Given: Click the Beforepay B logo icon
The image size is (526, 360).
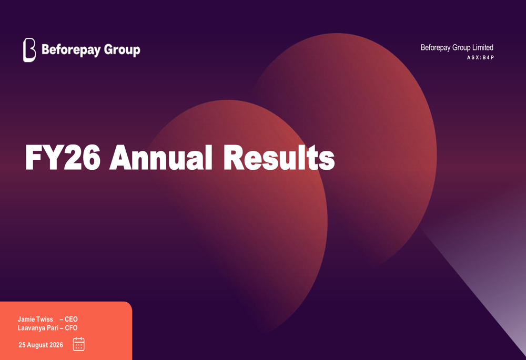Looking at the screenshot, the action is [x=29, y=50].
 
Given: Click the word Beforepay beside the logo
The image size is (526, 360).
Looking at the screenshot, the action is [x=71, y=50].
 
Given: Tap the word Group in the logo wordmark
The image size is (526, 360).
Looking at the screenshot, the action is [x=122, y=50].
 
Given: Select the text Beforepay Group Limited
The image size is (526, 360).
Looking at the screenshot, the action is [x=457, y=48].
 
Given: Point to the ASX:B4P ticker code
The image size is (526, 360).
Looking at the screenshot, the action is [x=480, y=58].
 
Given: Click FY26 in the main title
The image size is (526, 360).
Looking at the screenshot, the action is [x=63, y=158].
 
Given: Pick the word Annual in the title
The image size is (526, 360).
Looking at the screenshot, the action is [x=161, y=158].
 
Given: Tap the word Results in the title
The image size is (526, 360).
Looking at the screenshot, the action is [x=279, y=158].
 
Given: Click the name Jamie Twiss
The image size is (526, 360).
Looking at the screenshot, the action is [x=35, y=319].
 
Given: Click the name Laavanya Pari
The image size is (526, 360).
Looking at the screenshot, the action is [x=38, y=328].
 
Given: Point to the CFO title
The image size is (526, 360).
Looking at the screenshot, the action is [x=71, y=328].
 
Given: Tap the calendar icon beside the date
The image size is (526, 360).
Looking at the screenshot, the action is [x=79, y=344].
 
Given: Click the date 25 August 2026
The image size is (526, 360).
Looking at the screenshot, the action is [x=41, y=345].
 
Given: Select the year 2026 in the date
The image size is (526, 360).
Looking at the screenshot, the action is [x=56, y=345].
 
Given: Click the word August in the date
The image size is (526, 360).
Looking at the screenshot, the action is [x=37, y=345].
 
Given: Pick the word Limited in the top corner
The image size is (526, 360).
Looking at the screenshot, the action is [x=483, y=48].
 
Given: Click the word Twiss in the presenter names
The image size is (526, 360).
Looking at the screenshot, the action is [x=44, y=319].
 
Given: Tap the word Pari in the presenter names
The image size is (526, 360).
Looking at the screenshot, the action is [x=53, y=328].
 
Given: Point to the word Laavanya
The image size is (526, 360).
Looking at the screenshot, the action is [x=32, y=328].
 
